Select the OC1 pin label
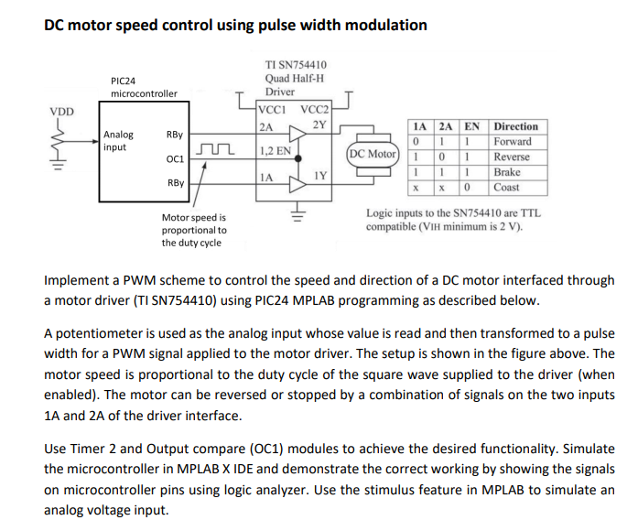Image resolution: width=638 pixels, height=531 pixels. tap(175, 158)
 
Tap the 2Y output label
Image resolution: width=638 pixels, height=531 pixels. tap(319, 125)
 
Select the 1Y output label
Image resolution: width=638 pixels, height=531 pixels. tap(320, 174)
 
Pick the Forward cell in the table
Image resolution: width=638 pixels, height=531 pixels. tap(513, 141)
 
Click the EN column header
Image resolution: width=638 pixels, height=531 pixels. tap(471, 126)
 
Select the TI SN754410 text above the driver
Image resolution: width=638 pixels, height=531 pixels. tap(296, 64)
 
